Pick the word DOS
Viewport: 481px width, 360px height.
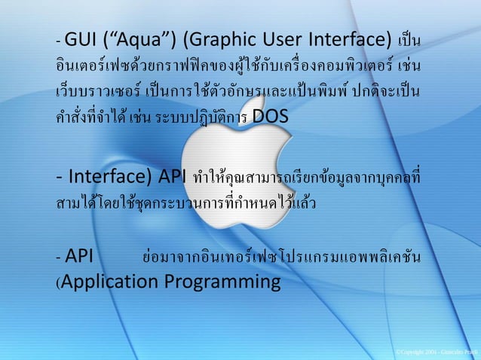[x=271, y=117]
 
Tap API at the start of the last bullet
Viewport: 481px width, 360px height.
[x=79, y=258]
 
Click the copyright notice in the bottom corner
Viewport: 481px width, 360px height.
[x=437, y=352]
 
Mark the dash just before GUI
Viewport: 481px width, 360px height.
[x=59, y=40]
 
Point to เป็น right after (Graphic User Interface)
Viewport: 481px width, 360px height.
[x=410, y=40]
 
